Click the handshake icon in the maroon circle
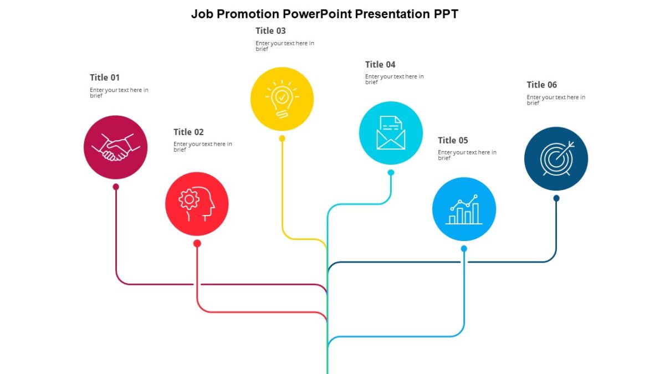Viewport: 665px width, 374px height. click(x=115, y=147)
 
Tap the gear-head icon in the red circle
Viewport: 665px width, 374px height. click(x=197, y=204)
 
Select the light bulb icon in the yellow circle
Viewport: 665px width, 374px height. click(x=282, y=99)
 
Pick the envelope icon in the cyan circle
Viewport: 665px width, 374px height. click(x=391, y=133)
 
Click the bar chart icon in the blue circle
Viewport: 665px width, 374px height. click(x=464, y=209)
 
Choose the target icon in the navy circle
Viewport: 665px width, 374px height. click(x=556, y=158)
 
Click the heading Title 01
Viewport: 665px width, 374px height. click(x=105, y=78)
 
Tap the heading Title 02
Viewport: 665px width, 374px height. click(x=188, y=132)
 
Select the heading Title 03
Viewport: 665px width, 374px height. click(x=270, y=31)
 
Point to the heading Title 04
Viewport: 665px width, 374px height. click(x=380, y=65)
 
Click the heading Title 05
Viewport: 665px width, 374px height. click(x=453, y=140)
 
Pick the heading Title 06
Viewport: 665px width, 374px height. click(x=541, y=85)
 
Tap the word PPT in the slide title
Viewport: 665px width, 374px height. click(x=446, y=14)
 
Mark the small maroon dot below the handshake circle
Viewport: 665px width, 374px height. click(x=116, y=187)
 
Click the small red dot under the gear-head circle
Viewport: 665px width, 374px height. click(x=197, y=243)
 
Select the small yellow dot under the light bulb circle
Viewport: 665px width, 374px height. click(x=282, y=139)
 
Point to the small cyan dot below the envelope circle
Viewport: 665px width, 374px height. click(x=391, y=173)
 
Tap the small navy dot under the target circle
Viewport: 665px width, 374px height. click(x=556, y=198)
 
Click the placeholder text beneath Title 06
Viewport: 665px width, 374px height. click(x=555, y=100)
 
